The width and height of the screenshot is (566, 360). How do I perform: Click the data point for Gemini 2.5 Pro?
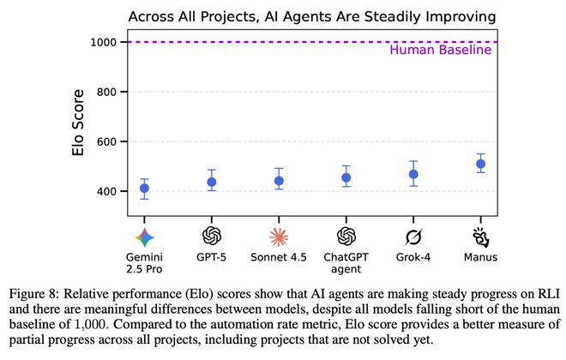144,189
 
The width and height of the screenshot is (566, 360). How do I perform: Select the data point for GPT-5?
211,182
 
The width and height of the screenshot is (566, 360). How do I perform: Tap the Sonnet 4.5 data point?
279,181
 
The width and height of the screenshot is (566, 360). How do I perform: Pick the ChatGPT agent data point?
346,178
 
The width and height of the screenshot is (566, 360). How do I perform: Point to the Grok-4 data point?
413,174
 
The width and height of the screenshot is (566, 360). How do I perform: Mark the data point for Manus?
480,164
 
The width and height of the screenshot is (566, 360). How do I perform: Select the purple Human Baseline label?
440,50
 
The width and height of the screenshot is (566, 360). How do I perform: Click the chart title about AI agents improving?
312,16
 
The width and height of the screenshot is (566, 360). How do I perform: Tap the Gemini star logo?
144,236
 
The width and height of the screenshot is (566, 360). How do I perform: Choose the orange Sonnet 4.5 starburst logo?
279,236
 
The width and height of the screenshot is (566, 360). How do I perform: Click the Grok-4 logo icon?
413,236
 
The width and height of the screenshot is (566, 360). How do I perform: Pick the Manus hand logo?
480,236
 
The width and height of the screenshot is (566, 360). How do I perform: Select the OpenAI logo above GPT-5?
211,236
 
